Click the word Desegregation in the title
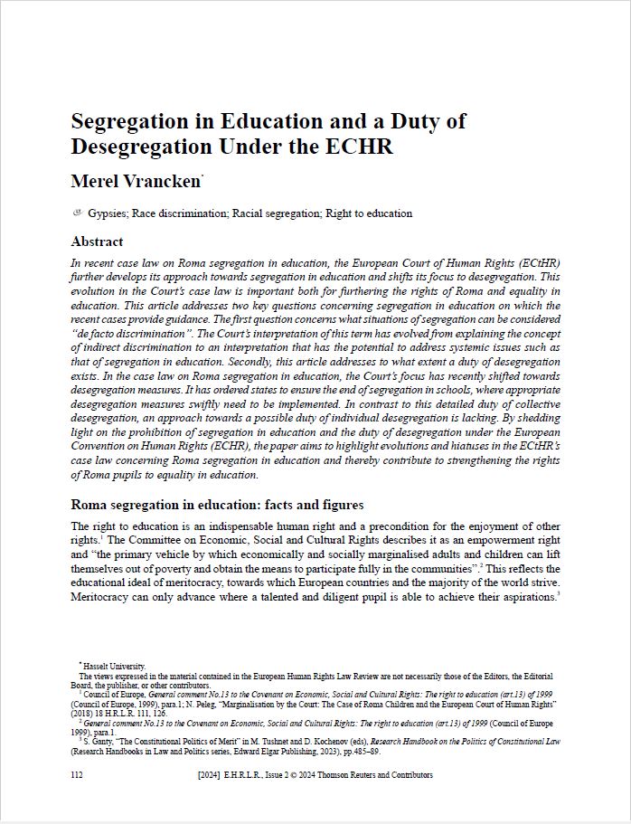(x=137, y=147)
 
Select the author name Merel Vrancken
(x=135, y=181)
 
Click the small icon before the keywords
(x=77, y=213)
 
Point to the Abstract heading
(x=97, y=242)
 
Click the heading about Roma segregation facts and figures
(x=217, y=504)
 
